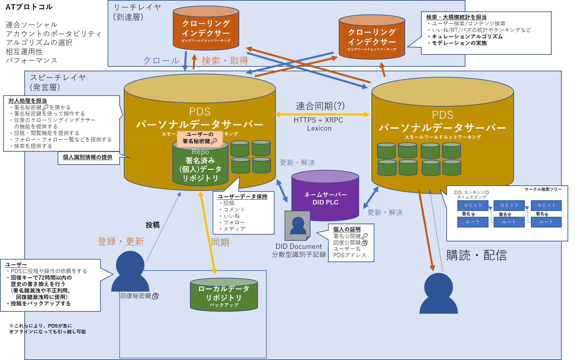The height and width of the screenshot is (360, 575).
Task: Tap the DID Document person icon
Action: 298,226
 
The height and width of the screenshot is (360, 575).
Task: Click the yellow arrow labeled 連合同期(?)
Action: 322,114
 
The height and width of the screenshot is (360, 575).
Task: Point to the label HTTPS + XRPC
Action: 318,120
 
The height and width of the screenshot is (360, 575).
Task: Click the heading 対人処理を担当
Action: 28,101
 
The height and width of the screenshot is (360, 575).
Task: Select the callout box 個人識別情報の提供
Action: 88,157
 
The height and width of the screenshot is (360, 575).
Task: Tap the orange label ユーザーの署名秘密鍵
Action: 200,138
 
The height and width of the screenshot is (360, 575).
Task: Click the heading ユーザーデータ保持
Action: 242,197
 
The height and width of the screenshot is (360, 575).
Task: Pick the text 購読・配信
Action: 476,255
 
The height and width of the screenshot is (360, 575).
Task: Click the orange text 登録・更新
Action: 121,241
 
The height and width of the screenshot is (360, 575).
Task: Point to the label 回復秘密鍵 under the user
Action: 136,296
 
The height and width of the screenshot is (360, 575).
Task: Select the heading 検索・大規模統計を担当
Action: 456,17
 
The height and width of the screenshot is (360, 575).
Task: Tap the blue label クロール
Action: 161,61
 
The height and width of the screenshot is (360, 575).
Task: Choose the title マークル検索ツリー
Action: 543,189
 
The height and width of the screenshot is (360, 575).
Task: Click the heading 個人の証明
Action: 347,229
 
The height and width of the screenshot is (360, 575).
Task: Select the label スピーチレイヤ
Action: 58,78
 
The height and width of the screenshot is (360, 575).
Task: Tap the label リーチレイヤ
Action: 137,7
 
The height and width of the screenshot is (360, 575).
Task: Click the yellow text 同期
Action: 220,242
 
